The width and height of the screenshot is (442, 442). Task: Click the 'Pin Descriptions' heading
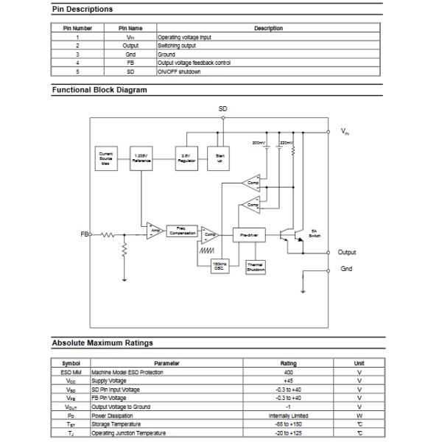[x=82, y=9]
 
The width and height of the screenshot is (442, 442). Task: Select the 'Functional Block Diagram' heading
[x=99, y=90]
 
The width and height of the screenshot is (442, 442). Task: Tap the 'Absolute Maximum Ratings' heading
[x=102, y=343]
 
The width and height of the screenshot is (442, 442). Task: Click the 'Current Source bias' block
[x=106, y=157]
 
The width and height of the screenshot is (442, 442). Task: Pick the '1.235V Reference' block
[x=142, y=157]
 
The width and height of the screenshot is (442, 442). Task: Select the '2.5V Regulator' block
[x=186, y=157]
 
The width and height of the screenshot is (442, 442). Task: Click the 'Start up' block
[x=220, y=157]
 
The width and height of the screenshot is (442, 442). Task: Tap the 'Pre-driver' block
[x=248, y=235]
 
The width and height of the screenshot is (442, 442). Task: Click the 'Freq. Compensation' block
[x=182, y=231]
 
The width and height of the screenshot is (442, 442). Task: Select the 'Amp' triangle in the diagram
[x=154, y=231]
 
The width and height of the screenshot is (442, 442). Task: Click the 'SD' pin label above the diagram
[x=223, y=109]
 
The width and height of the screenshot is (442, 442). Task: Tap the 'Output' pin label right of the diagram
[x=347, y=253]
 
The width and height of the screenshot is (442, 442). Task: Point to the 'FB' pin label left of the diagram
[x=84, y=234]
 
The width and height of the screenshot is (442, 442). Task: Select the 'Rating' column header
[x=289, y=363]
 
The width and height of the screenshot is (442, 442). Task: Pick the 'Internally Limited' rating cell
[x=289, y=415]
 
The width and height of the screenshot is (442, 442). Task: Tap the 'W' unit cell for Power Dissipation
[x=359, y=415]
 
